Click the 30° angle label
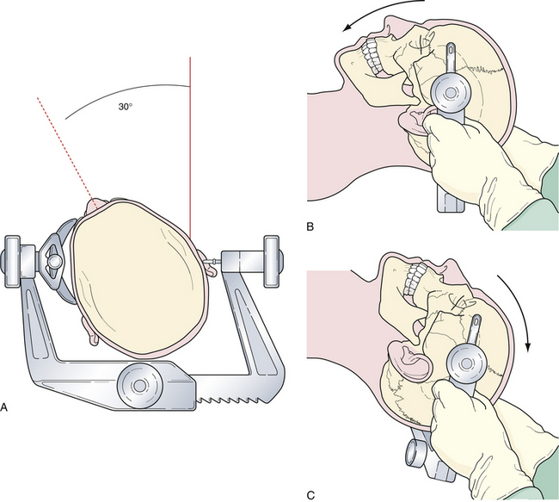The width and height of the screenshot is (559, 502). coord(126,107)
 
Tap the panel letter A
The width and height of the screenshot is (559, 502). coord(4,407)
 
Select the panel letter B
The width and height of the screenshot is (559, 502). coord(310,226)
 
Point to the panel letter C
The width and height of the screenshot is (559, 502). coord(310,496)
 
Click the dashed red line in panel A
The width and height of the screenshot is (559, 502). coord(64,148)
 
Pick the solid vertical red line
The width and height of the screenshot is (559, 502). coord(190,148)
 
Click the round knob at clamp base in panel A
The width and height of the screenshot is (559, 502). coord(139,385)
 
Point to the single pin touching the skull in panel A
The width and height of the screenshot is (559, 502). coord(214,262)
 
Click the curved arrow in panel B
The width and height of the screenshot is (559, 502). coord(383,12)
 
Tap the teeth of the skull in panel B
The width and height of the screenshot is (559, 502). coord(372,57)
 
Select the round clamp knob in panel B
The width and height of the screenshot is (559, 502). coord(451,92)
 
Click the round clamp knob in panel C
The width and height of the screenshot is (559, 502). coord(466,363)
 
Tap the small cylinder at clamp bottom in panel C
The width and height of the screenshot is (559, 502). coord(414,453)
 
